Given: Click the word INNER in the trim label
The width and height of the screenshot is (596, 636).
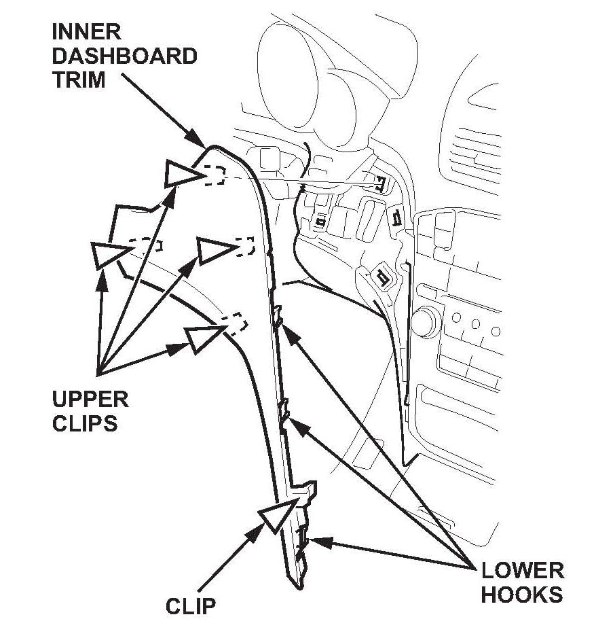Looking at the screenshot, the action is click(87, 32).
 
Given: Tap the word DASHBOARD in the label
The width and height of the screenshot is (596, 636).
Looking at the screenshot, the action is click(124, 56).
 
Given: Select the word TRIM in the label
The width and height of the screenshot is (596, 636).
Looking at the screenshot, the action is click(79, 79).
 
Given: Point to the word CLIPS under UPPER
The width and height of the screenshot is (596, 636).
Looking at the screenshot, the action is click(85, 423).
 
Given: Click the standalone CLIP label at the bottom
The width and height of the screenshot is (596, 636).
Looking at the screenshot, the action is click(190, 606).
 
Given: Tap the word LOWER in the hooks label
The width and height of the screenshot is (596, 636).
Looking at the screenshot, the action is click(522, 570).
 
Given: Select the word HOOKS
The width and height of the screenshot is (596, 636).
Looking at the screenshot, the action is click(522, 595).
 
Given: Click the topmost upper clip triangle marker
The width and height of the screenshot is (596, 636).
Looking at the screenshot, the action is click(181, 175).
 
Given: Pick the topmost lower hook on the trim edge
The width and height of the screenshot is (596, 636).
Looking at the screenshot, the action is click(278, 317).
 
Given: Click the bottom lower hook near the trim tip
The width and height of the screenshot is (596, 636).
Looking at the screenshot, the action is click(302, 543).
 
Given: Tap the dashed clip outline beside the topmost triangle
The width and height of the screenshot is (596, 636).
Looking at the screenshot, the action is click(215, 175).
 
